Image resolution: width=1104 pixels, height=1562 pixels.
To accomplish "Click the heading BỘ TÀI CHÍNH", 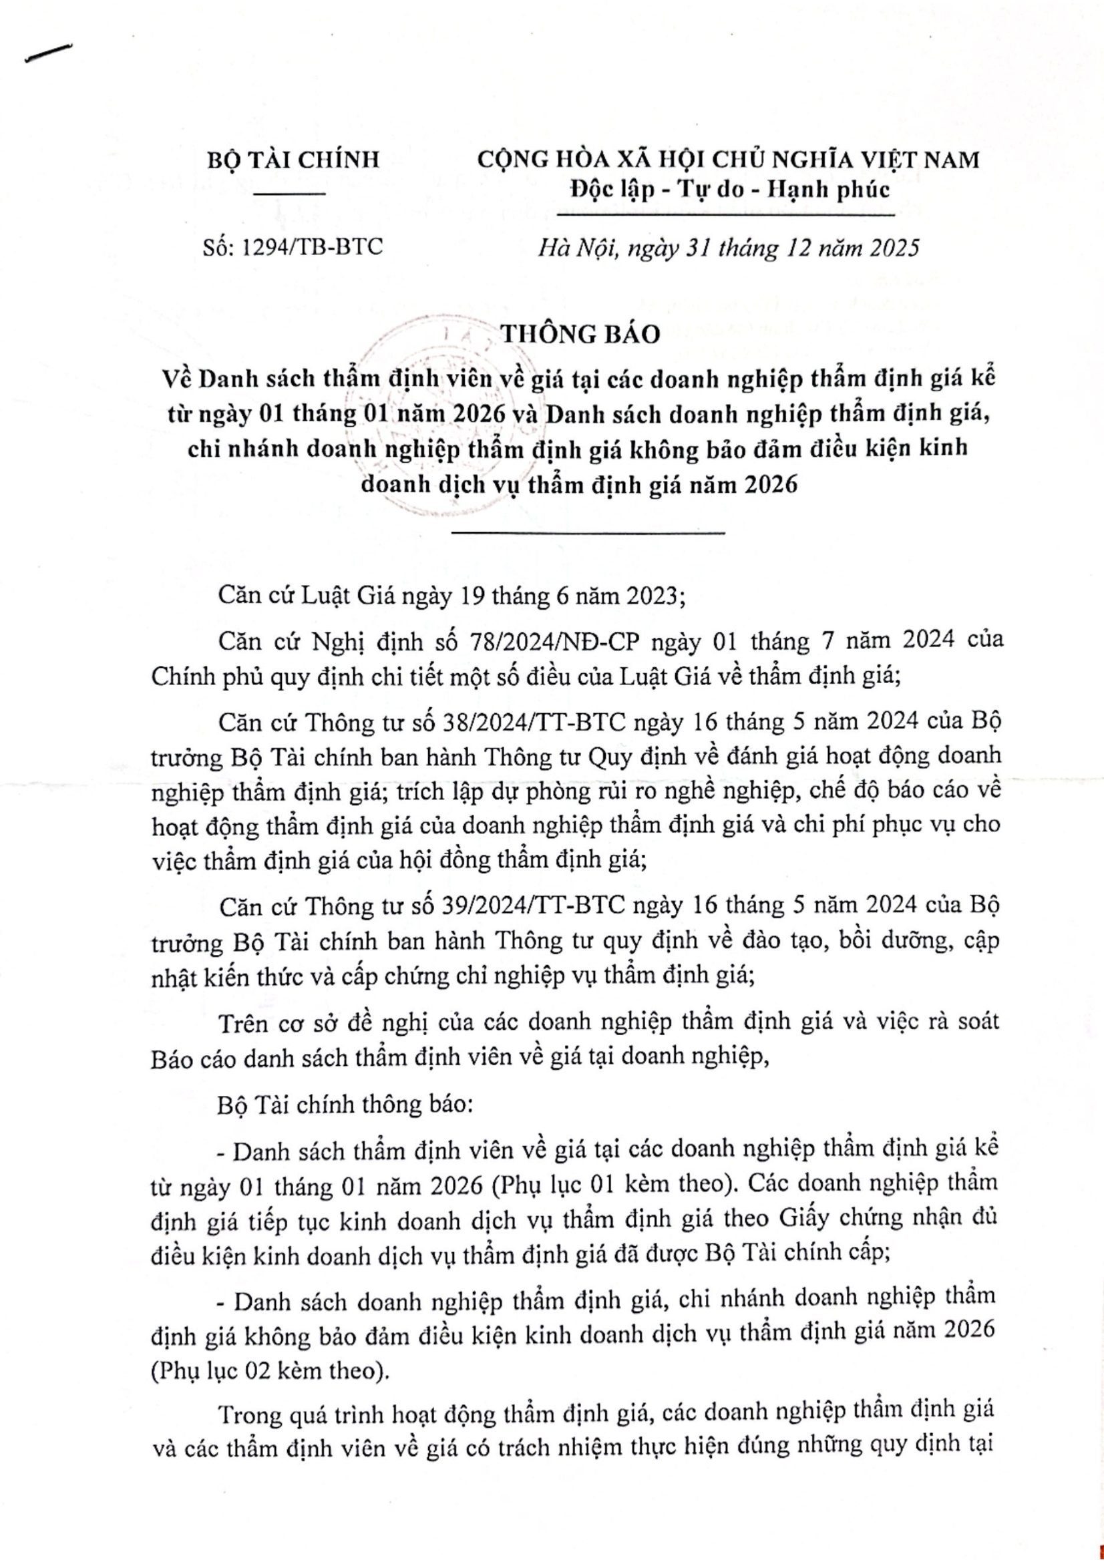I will (x=293, y=160).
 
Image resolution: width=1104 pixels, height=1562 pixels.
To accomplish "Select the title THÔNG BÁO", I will (x=580, y=334).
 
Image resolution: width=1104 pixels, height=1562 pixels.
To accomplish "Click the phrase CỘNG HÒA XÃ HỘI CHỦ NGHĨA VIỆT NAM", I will (x=728, y=160).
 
